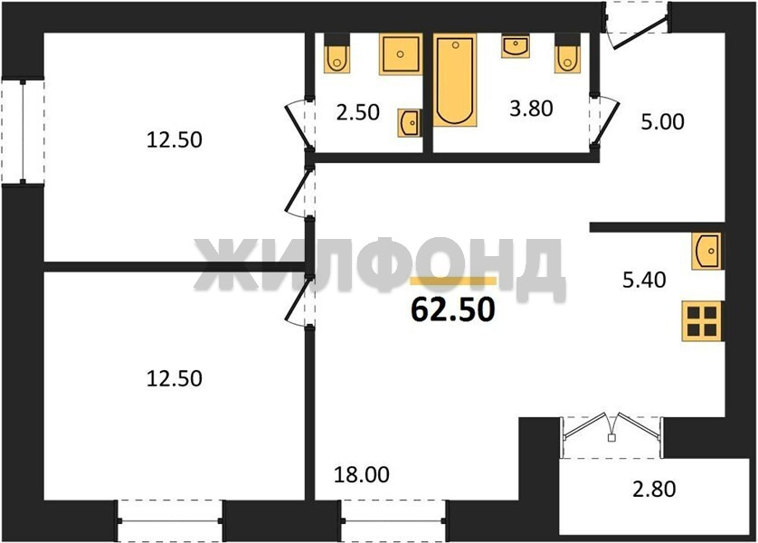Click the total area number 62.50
tap(453, 310)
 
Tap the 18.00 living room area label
tap(362, 475)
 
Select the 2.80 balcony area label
tap(654, 490)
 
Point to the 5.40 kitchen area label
tap(644, 280)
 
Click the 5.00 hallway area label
tap(662, 122)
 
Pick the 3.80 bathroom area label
tap(531, 109)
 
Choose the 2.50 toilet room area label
tap(357, 112)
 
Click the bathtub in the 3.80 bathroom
tap(455, 81)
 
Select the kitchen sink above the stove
tap(706, 251)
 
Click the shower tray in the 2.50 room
tap(401, 53)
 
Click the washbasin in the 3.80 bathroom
tap(516, 46)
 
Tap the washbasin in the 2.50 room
tap(410, 123)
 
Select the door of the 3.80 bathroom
tap(604, 120)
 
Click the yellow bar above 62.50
tap(453, 281)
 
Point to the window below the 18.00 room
tap(393, 520)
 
